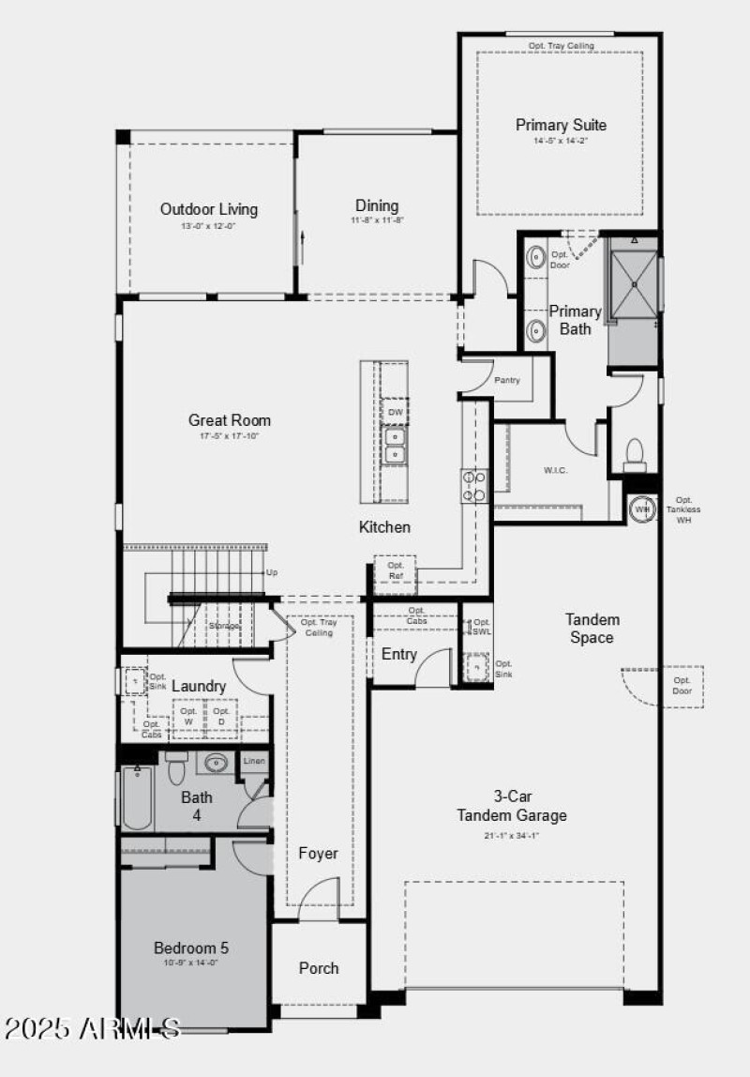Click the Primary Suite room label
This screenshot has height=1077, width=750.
[x=561, y=125]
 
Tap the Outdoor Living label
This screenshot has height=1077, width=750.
[x=208, y=209]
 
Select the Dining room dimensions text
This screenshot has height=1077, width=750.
[x=377, y=221]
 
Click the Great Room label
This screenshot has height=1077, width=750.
[x=230, y=420]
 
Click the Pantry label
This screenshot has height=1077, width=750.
[x=507, y=380]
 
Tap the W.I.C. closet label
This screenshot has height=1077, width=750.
[x=556, y=470]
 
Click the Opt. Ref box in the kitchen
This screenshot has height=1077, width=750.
[x=396, y=570]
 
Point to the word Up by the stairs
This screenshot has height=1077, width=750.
[x=272, y=572]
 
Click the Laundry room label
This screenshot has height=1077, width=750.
[x=199, y=687]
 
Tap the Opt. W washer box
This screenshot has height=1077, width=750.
[x=188, y=717]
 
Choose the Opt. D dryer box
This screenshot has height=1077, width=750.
[x=221, y=717]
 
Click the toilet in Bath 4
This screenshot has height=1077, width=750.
[x=176, y=769]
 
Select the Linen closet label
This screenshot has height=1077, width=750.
[x=254, y=761]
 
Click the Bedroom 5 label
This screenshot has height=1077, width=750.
[x=191, y=948]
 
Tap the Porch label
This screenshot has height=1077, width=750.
[x=319, y=968]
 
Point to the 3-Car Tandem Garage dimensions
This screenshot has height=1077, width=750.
[x=512, y=836]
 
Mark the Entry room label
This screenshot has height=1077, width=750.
[x=398, y=654]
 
